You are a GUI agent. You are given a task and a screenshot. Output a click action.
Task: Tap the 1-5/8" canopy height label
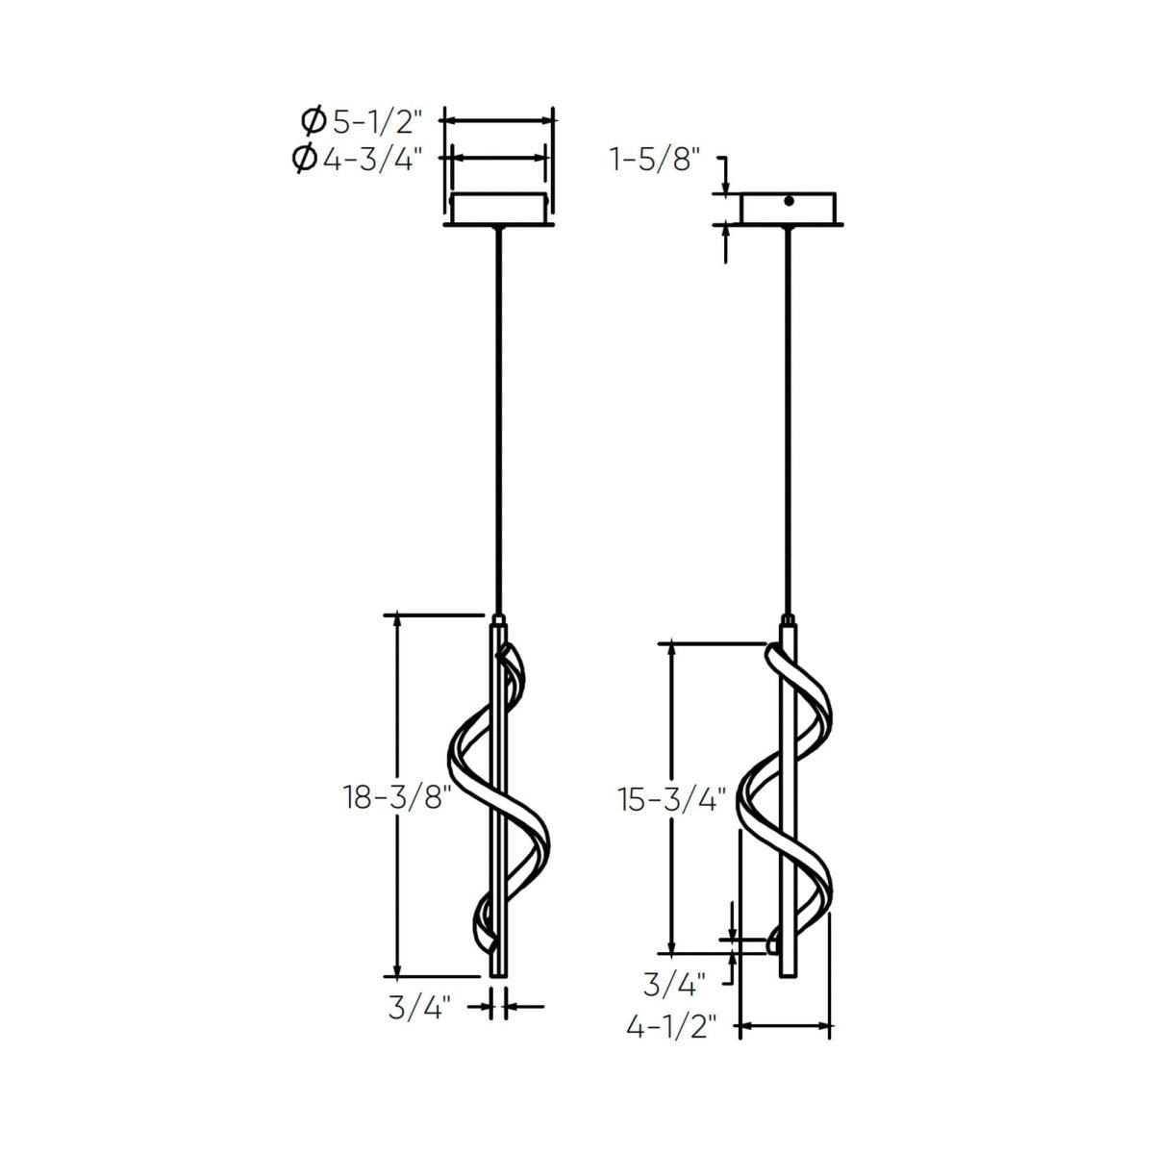(651, 159)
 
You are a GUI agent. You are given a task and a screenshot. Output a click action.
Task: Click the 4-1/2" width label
(672, 1027)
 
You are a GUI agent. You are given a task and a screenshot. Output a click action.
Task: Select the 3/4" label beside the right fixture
(673, 983)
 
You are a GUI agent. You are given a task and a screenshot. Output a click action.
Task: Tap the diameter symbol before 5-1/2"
(312, 121)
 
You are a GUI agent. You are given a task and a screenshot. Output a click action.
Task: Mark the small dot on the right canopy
(789, 201)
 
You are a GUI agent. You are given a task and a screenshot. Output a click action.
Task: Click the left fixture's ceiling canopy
(497, 210)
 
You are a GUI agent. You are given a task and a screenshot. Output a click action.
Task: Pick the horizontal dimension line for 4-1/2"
(785, 1027)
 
